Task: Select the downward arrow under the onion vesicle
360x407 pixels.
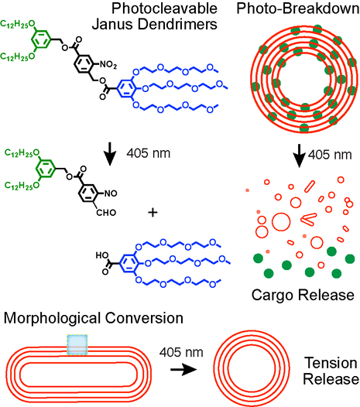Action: tap(296, 157)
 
